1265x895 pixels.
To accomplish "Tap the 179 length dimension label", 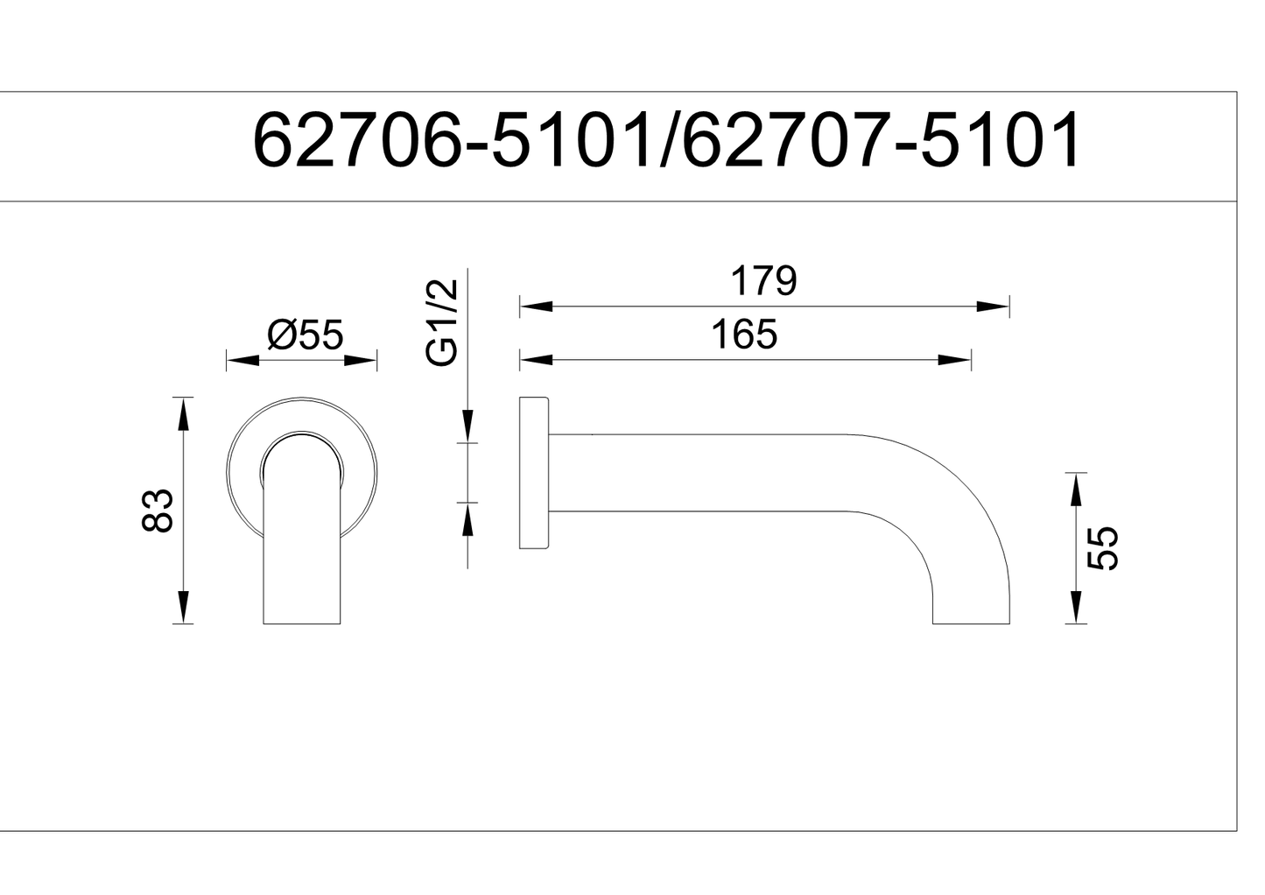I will (763, 281).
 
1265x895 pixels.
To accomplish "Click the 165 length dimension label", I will (744, 335).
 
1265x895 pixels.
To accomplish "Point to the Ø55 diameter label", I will (305, 335).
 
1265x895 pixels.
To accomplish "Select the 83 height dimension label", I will (158, 510).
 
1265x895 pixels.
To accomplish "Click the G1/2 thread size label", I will (442, 323).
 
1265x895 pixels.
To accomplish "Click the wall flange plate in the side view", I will (533, 473).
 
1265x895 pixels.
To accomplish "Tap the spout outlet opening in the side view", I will (971, 623).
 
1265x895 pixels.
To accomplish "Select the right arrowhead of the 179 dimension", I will (994, 306).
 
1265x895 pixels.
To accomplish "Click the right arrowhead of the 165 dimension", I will (954, 359).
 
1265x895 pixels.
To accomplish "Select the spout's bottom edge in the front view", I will (302, 624).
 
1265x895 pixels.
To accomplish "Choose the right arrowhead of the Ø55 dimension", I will (361, 360).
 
